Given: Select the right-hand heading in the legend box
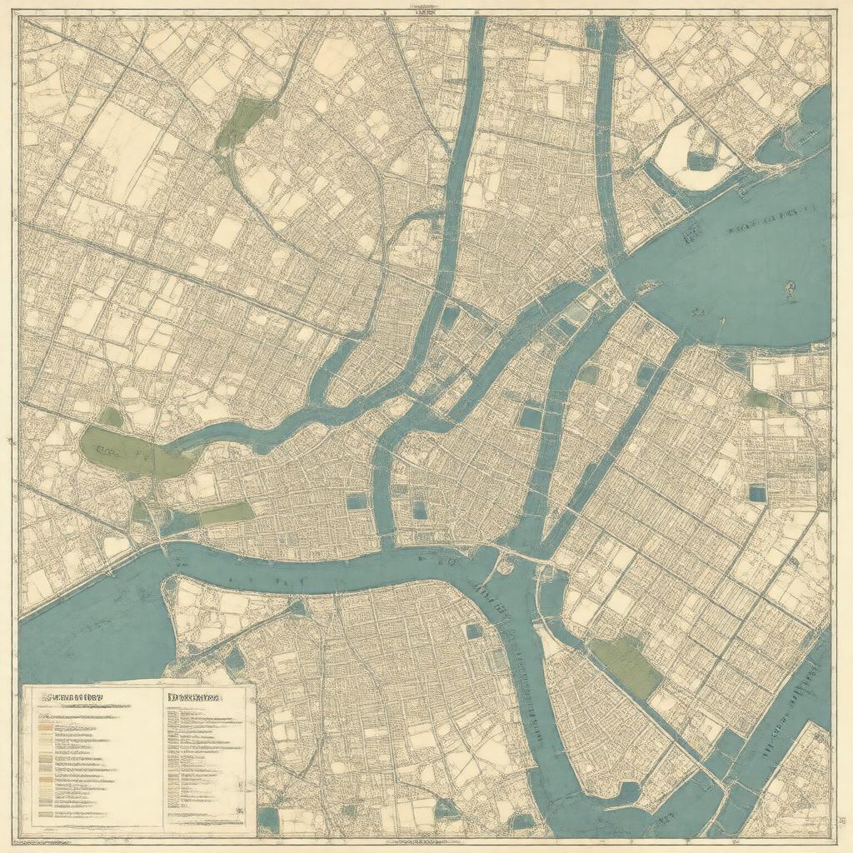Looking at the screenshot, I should (x=193, y=697).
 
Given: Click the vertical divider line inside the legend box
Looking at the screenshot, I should (x=159, y=758).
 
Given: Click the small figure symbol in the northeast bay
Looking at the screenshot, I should (x=788, y=291).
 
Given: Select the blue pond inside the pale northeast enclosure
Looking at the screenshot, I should (x=702, y=162).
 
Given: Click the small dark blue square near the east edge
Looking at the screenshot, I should (x=756, y=493).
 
